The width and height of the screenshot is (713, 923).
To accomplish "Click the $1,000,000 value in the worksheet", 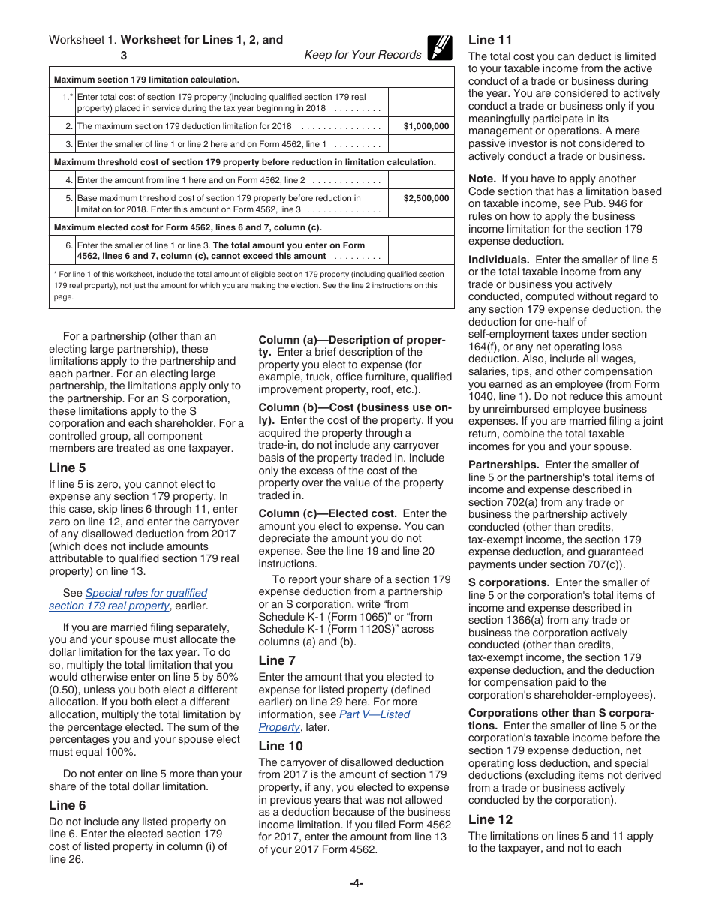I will [426, 126].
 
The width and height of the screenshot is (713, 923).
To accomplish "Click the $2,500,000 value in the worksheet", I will [426, 198].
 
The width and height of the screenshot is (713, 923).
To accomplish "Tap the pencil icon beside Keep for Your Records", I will [440, 48].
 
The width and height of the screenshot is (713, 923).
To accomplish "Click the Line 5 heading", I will [68, 468].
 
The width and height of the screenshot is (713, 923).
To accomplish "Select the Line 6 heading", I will [68, 805].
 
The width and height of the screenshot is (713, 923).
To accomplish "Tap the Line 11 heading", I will [490, 40].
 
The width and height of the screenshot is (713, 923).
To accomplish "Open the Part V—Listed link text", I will [374, 714].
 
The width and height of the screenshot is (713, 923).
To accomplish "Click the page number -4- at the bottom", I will [356, 883].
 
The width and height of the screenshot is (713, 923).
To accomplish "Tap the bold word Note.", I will [482, 179].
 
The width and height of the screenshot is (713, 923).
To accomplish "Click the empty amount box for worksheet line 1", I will [421, 102].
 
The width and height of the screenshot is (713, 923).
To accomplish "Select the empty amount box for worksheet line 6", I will [421, 250].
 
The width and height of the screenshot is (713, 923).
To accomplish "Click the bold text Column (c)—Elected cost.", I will [327, 513].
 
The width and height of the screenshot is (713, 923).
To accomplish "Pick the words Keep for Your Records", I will [363, 55].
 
